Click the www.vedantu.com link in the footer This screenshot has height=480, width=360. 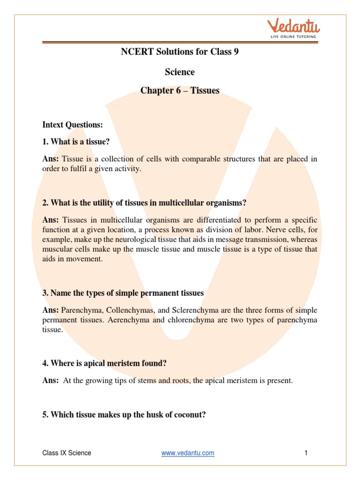pos(187,453)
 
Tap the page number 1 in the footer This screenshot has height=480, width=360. pos(306,453)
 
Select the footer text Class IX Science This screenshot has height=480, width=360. pos(67,453)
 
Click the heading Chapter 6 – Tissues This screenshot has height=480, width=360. pos(180,90)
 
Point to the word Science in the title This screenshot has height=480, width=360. pos(180,72)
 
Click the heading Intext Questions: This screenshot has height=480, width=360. pos(72,125)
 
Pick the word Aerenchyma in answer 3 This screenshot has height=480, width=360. pos(116,321)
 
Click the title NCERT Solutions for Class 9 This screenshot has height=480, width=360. pos(180,52)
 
